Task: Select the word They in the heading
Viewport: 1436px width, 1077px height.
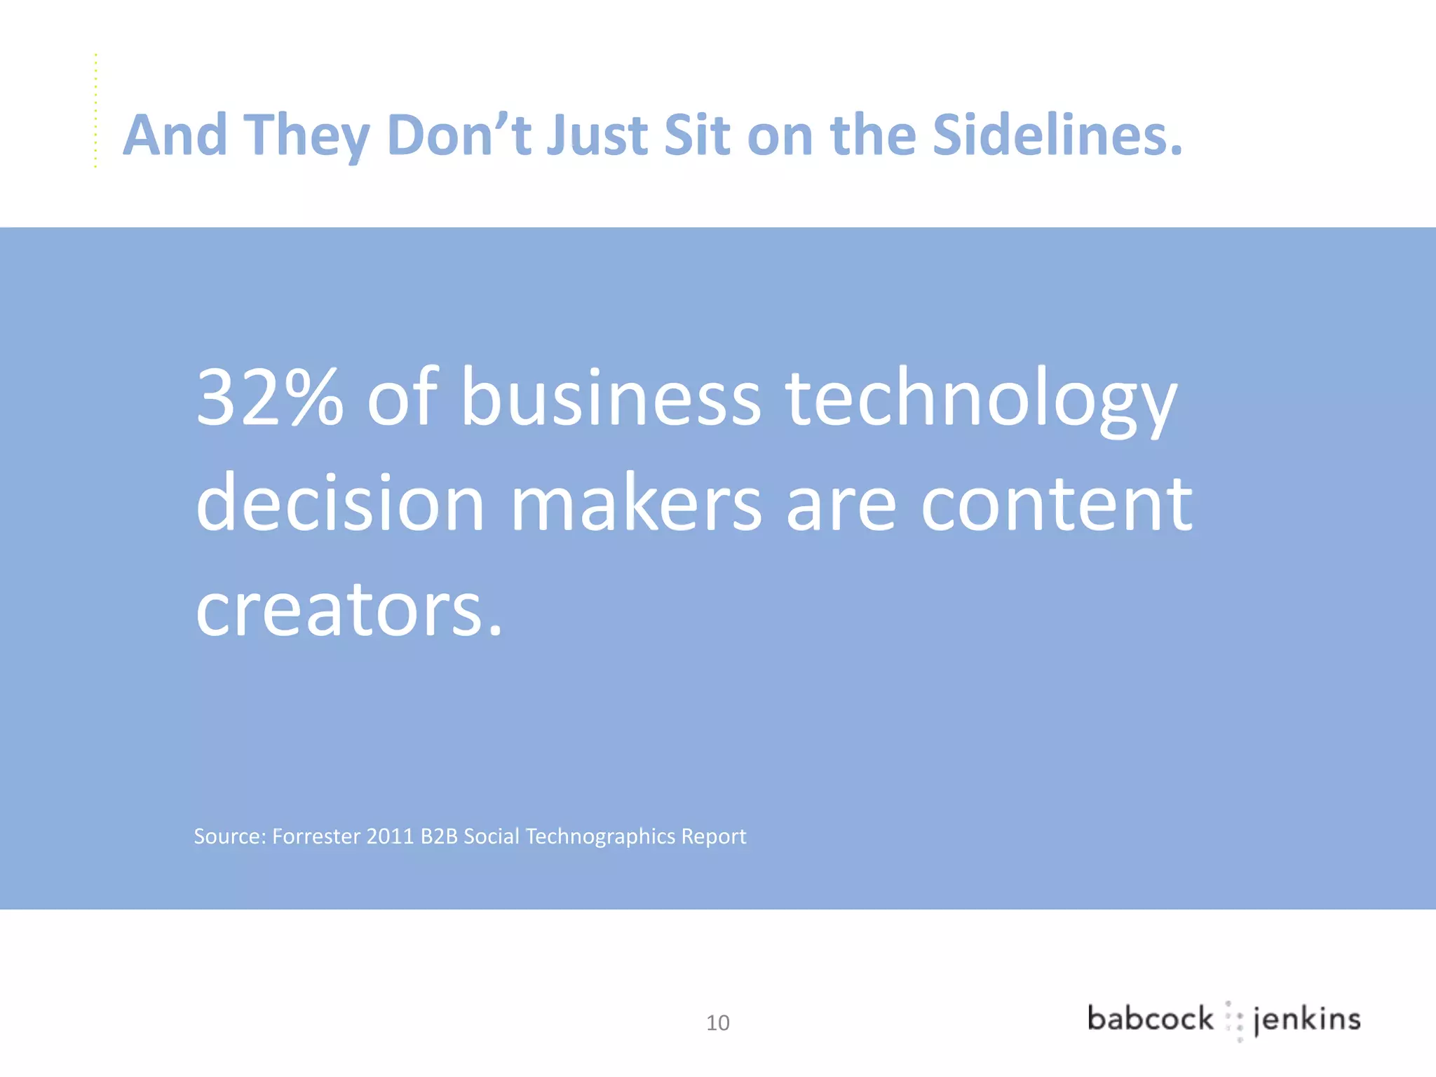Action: (306, 136)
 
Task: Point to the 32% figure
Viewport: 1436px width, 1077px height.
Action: (270, 398)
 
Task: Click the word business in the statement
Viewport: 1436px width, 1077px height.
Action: (610, 398)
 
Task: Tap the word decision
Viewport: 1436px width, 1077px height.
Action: (341, 503)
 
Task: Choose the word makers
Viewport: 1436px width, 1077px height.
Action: (635, 503)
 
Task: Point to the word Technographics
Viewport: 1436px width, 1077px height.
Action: (600, 837)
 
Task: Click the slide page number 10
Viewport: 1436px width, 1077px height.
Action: (717, 1023)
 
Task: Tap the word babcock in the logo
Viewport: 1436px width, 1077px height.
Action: (1150, 1019)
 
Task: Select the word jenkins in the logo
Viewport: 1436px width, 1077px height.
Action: (1307, 1020)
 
